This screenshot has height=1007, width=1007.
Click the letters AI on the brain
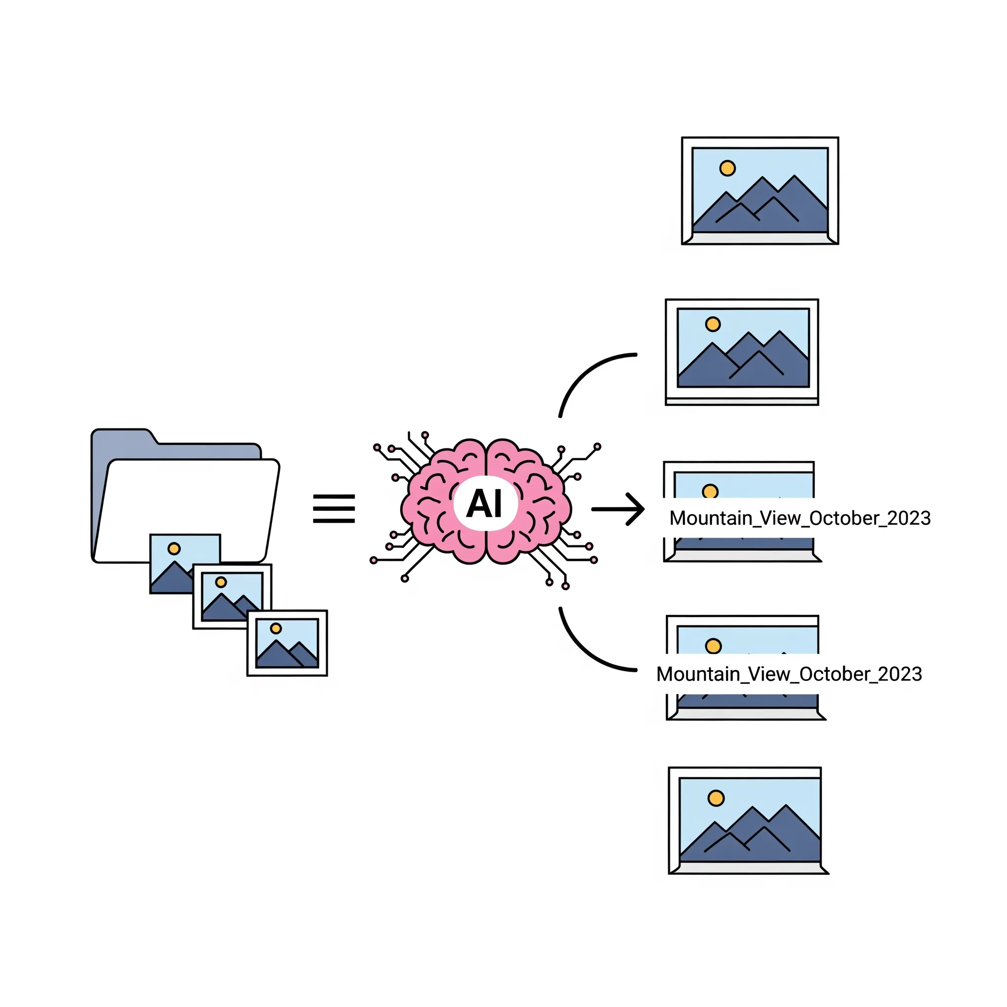click(484, 504)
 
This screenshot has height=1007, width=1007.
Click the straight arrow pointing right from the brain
click(618, 509)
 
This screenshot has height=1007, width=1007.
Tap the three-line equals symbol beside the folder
click(333, 509)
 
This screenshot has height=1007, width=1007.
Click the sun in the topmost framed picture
click(727, 168)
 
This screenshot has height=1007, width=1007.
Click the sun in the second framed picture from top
click(712, 324)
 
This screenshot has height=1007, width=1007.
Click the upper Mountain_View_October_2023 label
click(800, 518)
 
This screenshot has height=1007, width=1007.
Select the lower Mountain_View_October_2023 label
click(789, 674)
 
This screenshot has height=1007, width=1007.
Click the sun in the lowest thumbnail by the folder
click(276, 628)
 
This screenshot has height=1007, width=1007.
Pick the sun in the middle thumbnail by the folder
click(221, 582)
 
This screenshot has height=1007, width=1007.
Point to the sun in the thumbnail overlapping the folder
click(174, 548)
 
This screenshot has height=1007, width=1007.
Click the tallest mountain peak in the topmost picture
click(794, 177)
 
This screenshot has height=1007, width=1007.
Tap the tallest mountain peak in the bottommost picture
click(785, 806)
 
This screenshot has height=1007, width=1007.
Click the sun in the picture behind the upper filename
click(710, 491)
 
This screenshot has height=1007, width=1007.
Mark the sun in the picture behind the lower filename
click(713, 646)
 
